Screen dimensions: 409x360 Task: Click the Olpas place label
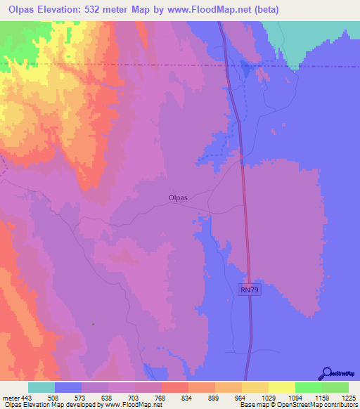point(178,198)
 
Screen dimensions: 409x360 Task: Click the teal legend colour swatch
point(41,387)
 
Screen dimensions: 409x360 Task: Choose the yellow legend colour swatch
point(282,387)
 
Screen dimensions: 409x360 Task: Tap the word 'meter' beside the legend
point(11,398)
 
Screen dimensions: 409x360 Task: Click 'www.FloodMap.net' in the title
point(214,10)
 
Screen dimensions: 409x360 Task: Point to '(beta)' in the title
point(266,10)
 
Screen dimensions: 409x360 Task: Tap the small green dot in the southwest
point(93,324)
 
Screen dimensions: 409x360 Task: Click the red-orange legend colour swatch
point(175,387)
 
